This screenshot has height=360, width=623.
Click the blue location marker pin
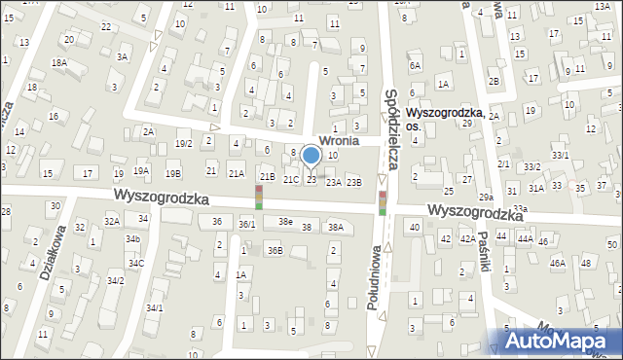[311, 156]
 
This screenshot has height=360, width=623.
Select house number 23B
[354, 182]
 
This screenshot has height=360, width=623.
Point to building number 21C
[290, 180]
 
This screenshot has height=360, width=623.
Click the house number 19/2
[183, 144]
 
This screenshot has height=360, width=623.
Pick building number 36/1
[247, 225]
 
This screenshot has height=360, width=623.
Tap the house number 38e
[284, 222]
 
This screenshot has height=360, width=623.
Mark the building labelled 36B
[275, 251]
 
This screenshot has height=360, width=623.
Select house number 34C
[136, 264]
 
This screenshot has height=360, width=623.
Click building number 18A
[59, 62]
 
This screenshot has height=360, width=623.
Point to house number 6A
[415, 66]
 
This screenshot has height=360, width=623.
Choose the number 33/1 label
[560, 155]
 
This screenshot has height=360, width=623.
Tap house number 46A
[557, 263]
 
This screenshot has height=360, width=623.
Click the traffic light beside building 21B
[259, 198]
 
